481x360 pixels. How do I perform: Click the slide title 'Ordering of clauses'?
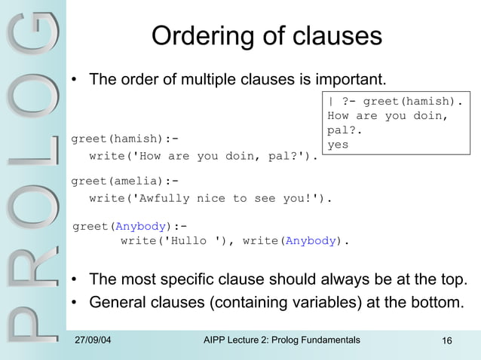tap(267, 35)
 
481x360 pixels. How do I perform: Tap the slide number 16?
tap(446, 343)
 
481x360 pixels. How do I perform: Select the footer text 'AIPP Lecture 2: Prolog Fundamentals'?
tap(282, 341)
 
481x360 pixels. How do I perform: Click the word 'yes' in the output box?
tap(338, 144)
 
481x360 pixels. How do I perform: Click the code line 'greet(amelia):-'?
tap(124, 181)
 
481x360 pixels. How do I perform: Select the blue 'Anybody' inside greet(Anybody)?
tap(137, 225)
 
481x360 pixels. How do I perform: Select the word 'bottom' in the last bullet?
tap(439, 303)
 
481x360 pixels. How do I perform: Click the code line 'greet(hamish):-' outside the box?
tap(124, 139)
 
